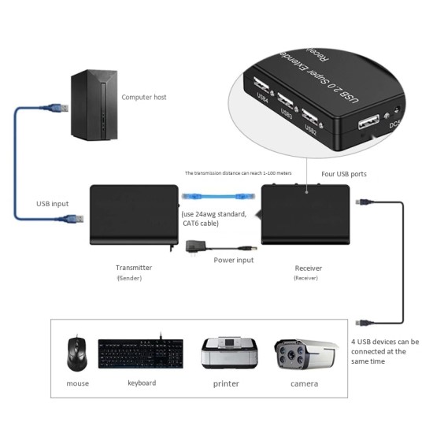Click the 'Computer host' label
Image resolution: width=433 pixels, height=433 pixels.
[144, 98]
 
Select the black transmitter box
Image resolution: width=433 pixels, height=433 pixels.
[134, 215]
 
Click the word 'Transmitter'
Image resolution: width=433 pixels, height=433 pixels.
[134, 268]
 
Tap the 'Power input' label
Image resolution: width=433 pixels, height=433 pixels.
[234, 259]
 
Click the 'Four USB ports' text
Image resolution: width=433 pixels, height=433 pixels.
[345, 174]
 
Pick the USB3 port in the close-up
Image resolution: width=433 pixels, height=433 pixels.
[286, 102]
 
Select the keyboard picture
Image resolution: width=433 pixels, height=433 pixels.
[140, 353]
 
